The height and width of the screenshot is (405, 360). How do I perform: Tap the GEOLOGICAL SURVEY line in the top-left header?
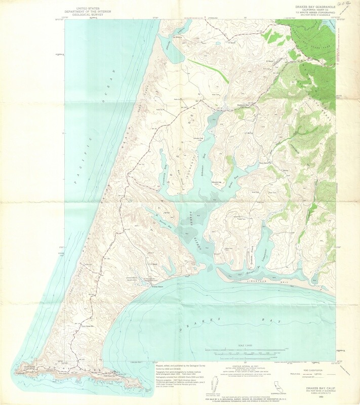(x=88, y=15)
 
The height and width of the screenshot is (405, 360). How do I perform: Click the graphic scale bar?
(x=246, y=350)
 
